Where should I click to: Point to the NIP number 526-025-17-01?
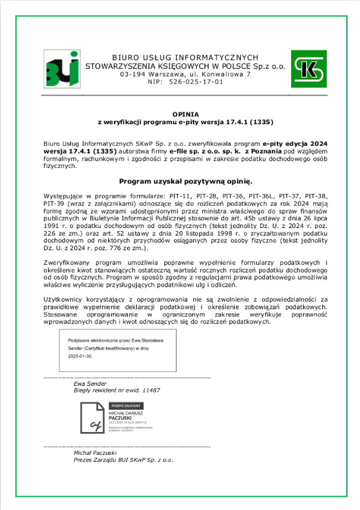tap(196, 82)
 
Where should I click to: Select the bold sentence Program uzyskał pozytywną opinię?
tap(185, 181)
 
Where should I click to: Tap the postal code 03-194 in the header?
tap(131, 74)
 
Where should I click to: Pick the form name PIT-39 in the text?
tap(54, 203)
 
